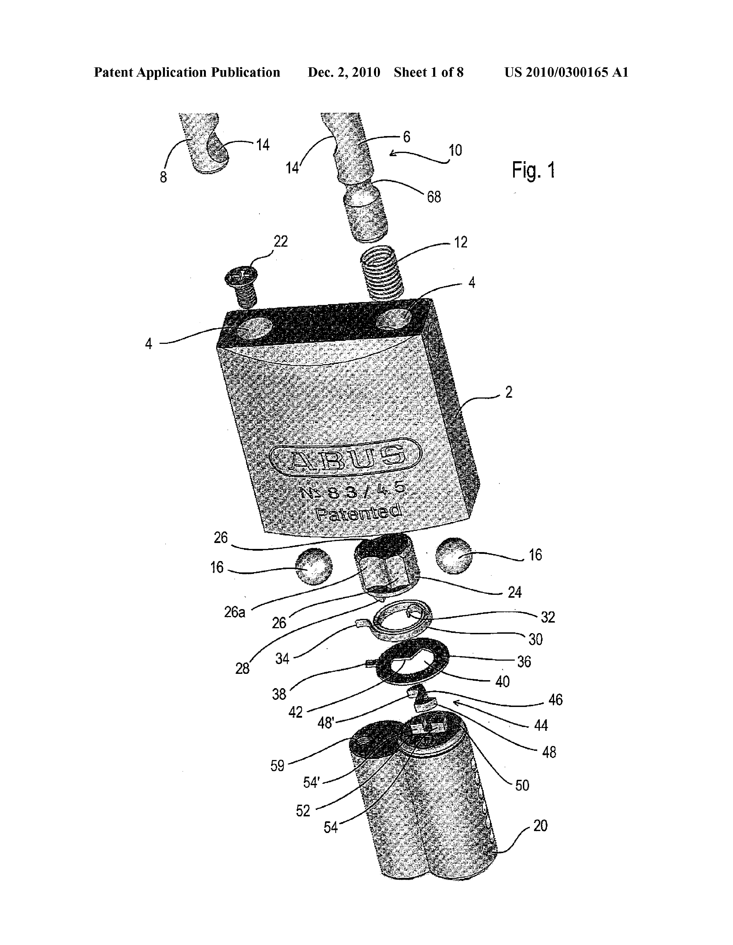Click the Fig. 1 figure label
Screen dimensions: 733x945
[x=533, y=170]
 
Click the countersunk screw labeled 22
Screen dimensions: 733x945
[x=241, y=286]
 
